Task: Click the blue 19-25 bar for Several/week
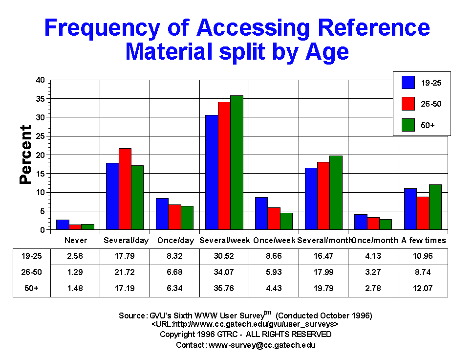pyautogui.click(x=212, y=172)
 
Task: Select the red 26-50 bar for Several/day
pyautogui.click(x=125, y=189)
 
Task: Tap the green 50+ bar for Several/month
pyautogui.click(x=336, y=193)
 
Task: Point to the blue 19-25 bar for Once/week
pyautogui.click(x=261, y=213)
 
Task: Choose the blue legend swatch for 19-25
pyautogui.click(x=409, y=83)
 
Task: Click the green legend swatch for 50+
pyautogui.click(x=409, y=125)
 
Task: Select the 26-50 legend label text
pyautogui.click(x=431, y=104)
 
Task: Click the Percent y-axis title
pyautogui.click(x=25, y=155)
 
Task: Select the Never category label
pyautogui.click(x=75, y=240)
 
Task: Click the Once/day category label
pyautogui.click(x=174, y=240)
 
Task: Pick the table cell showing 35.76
pyautogui.click(x=224, y=288)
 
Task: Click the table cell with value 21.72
pyautogui.click(x=125, y=271)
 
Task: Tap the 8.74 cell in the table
pyautogui.click(x=423, y=271)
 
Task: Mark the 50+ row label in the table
pyautogui.click(x=32, y=288)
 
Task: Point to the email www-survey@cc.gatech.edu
pyautogui.click(x=262, y=345)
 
